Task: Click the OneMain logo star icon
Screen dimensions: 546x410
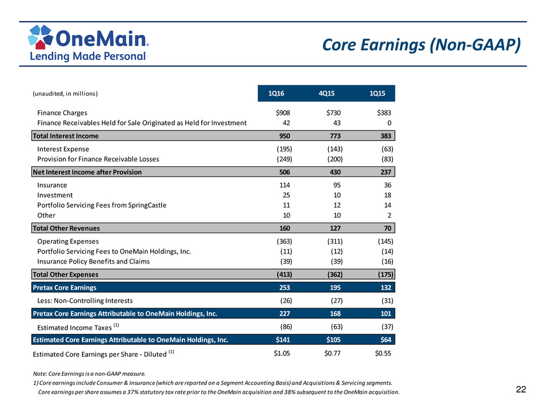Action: point(41,37)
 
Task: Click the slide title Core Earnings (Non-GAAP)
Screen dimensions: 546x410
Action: point(421,45)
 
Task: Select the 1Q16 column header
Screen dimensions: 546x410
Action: point(276,94)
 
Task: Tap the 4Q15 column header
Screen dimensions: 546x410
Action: point(326,94)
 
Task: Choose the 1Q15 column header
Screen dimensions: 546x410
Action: point(378,94)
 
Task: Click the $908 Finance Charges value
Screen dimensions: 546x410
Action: point(283,113)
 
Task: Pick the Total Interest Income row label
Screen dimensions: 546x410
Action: point(66,136)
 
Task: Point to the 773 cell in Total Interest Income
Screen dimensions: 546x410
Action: point(335,136)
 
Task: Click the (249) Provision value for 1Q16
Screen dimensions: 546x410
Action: point(285,159)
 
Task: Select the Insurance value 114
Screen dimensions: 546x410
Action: point(285,185)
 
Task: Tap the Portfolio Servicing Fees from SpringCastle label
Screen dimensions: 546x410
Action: point(102,205)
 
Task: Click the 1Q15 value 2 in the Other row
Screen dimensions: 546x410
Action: point(389,215)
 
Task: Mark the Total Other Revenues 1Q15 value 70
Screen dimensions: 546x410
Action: point(387,229)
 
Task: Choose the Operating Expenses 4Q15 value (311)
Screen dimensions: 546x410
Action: point(335,241)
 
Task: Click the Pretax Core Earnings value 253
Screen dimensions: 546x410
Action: point(285,288)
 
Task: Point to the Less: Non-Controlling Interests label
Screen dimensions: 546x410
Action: point(85,301)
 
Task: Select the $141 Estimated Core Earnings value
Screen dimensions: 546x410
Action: point(283,340)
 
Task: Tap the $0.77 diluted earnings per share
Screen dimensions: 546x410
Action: point(333,354)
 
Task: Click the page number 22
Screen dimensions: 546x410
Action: point(521,390)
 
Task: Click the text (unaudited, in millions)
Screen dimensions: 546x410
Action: point(65,94)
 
